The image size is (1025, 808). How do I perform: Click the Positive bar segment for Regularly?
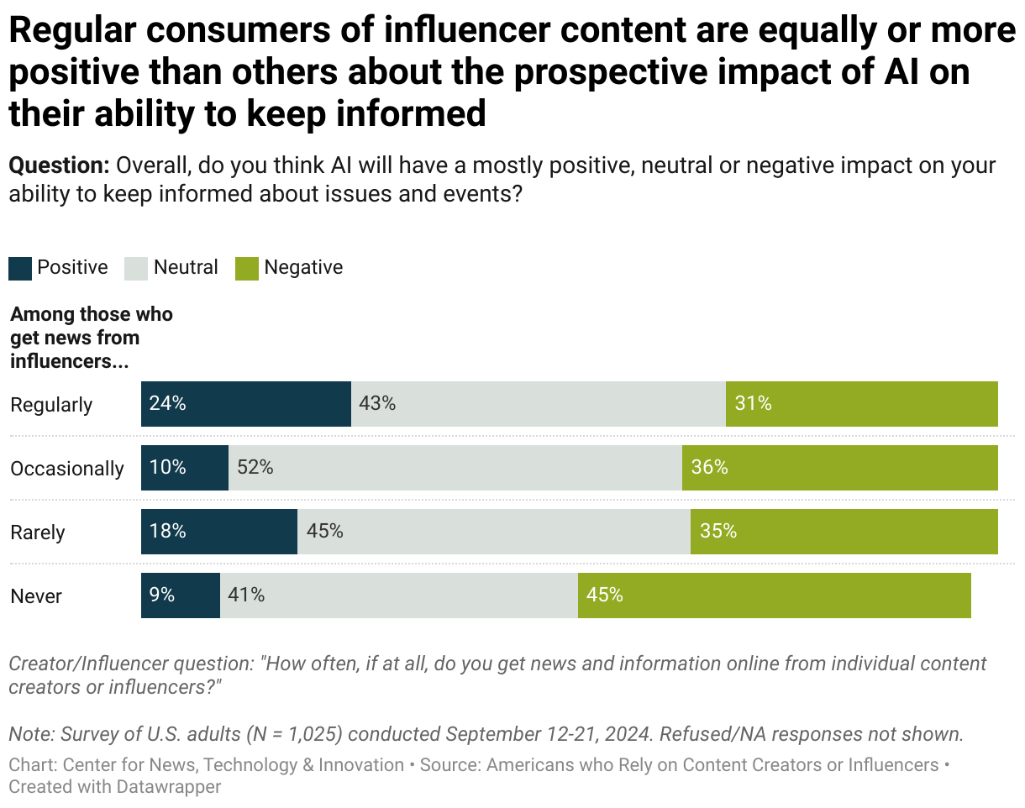pyautogui.click(x=245, y=404)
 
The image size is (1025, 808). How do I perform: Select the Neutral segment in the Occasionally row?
pyautogui.click(x=455, y=468)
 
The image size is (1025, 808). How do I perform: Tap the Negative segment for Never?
pyautogui.click(x=774, y=596)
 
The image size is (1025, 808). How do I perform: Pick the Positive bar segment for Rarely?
pyautogui.click(x=218, y=532)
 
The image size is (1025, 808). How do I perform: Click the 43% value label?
pyautogui.click(x=377, y=404)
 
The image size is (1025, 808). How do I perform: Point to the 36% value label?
pyautogui.click(x=709, y=468)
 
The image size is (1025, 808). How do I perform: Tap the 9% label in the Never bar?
pyautogui.click(x=162, y=596)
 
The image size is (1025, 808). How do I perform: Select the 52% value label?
pyautogui.click(x=255, y=468)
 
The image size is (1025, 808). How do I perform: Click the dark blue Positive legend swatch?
pyautogui.click(x=20, y=268)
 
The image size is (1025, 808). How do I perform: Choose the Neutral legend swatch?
pyautogui.click(x=135, y=268)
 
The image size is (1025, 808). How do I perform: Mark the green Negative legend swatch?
pyautogui.click(x=247, y=268)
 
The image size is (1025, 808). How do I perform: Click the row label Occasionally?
pyautogui.click(x=67, y=469)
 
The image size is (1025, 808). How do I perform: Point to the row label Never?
pyautogui.click(x=36, y=596)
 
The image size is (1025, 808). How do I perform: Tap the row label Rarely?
pyautogui.click(x=38, y=533)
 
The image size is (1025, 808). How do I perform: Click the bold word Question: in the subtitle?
pyautogui.click(x=59, y=165)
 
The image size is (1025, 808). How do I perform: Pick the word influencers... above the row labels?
pyautogui.click(x=75, y=361)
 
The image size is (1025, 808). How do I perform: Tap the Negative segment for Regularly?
pyautogui.click(x=861, y=404)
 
